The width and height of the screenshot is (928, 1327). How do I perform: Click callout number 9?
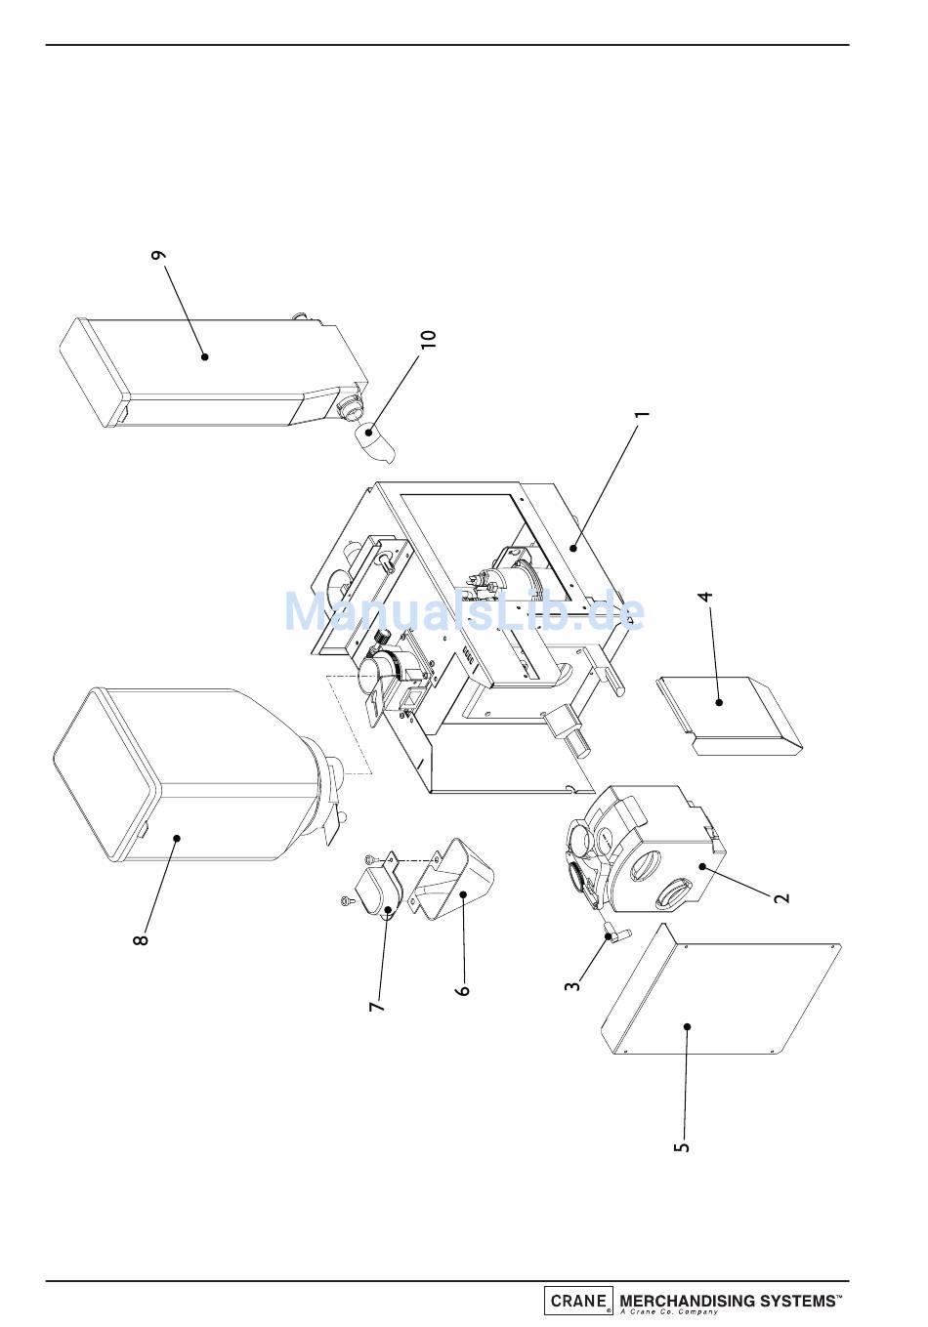coord(159,255)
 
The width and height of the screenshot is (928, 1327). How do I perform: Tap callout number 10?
coord(429,339)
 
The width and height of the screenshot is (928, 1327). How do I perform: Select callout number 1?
coord(643,414)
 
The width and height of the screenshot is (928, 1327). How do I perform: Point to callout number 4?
coord(705,597)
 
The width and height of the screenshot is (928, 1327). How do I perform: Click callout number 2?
coord(782,897)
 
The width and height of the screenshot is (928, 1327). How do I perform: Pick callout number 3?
coord(572,986)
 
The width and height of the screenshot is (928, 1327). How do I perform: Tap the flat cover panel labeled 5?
coord(720,990)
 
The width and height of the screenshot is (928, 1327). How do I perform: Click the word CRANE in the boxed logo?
coord(578,1301)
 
